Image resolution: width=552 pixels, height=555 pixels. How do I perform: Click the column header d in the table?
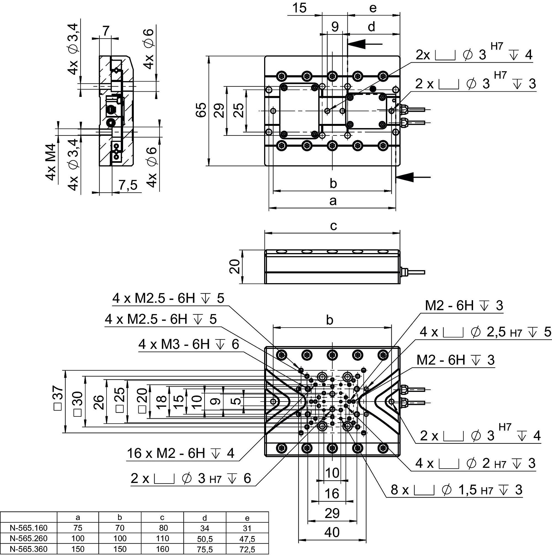pos(205,518)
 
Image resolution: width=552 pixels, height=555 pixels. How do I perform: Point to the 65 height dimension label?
pos(201,110)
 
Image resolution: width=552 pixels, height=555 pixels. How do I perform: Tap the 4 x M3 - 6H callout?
pos(189,344)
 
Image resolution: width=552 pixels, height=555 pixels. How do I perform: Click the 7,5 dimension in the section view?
pos(128,185)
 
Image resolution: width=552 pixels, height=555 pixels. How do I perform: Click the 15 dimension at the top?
pos(299,8)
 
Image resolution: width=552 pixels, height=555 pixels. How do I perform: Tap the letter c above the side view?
pos(333,226)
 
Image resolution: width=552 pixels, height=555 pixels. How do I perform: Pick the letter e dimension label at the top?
pos(373,8)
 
